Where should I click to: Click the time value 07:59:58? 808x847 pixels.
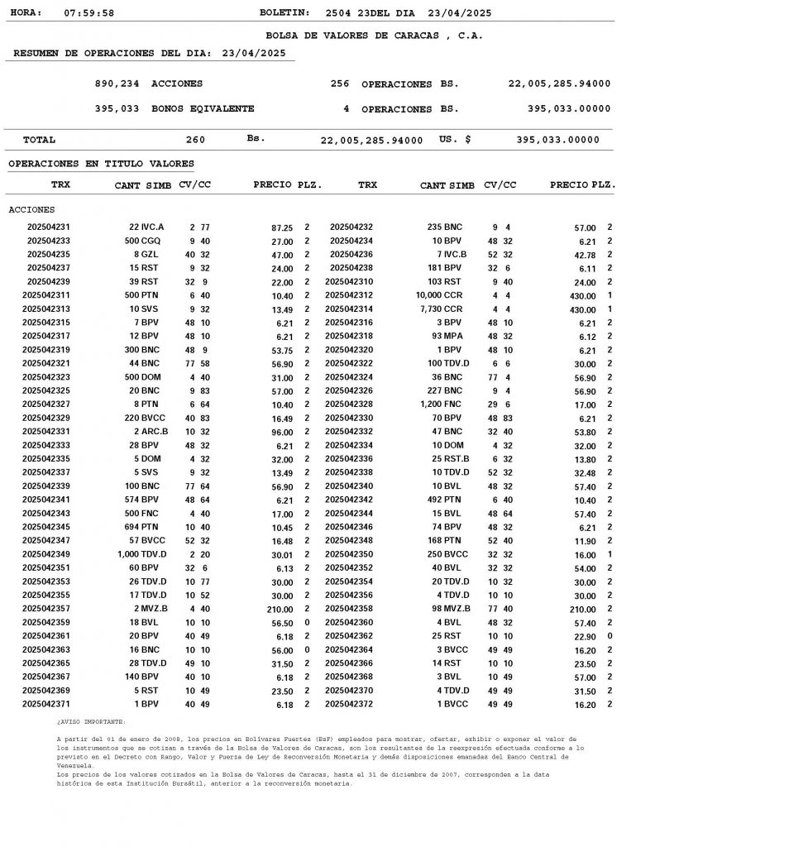click(x=89, y=14)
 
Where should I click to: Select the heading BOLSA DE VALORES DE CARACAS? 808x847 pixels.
click(x=374, y=36)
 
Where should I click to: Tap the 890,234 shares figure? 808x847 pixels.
click(x=117, y=84)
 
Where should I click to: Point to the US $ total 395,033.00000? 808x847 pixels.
click(x=557, y=141)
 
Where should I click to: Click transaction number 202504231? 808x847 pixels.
click(x=49, y=227)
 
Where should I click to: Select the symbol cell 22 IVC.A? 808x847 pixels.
click(x=146, y=227)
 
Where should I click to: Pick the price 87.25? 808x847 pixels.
click(x=282, y=227)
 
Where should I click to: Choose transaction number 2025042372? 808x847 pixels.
click(x=349, y=704)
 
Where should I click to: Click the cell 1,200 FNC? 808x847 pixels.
click(x=448, y=404)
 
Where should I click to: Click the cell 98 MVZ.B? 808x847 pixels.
click(x=451, y=609)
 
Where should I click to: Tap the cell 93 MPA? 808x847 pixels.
click(x=447, y=337)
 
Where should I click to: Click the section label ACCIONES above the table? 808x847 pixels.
click(x=31, y=210)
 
